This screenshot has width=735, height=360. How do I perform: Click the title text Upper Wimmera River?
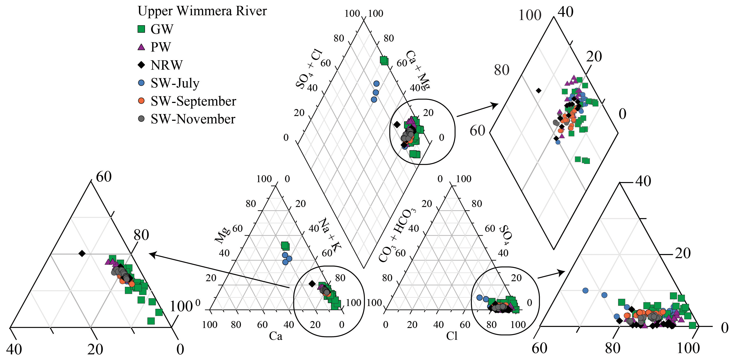202,11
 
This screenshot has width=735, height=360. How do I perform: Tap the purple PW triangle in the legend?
141,47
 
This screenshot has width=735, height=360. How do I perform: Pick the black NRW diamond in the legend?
141,65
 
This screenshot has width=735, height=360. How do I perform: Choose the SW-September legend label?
193,101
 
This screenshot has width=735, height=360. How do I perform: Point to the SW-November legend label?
193,119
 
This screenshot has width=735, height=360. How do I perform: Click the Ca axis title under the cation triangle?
276,336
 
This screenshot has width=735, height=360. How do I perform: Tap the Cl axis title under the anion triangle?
452,336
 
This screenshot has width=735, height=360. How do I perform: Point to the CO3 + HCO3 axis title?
397,235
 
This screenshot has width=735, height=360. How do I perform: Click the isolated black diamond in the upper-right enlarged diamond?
539,90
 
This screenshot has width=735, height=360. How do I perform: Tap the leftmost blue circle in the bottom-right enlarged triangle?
585,290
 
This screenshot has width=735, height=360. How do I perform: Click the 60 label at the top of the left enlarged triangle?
104,177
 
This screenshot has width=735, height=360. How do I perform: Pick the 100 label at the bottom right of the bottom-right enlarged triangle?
688,348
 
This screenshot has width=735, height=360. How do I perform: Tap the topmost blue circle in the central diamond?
376,84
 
